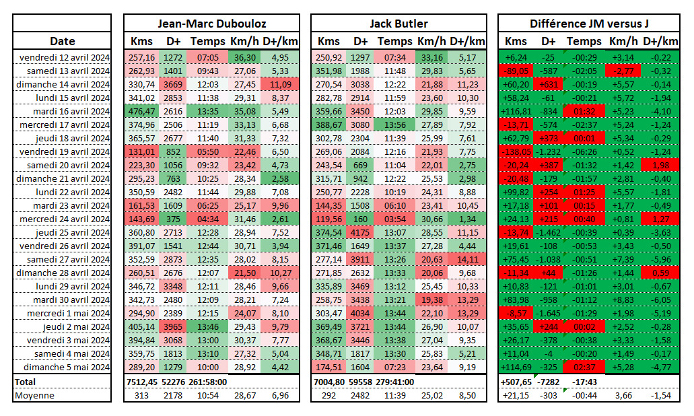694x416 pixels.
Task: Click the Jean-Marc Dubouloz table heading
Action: pyautogui.click(x=212, y=24)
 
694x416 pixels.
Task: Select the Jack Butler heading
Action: pyautogui.click(x=399, y=24)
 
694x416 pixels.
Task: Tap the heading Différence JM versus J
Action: pyautogui.click(x=589, y=24)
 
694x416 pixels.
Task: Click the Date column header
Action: pyautogui.click(x=62, y=41)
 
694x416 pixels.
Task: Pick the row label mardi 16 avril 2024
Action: pyautogui.click(x=65, y=111)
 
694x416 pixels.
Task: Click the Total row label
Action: pyautogui.click(x=27, y=381)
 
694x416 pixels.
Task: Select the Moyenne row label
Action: pyautogui.click(x=34, y=395)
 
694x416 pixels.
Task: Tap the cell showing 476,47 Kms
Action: pyautogui.click(x=141, y=111)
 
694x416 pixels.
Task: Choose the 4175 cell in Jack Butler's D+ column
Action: pyautogui.click(x=360, y=232)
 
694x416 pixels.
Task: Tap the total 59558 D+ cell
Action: pyautogui.click(x=360, y=381)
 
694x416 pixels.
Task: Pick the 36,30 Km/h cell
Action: pyautogui.click(x=245, y=57)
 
